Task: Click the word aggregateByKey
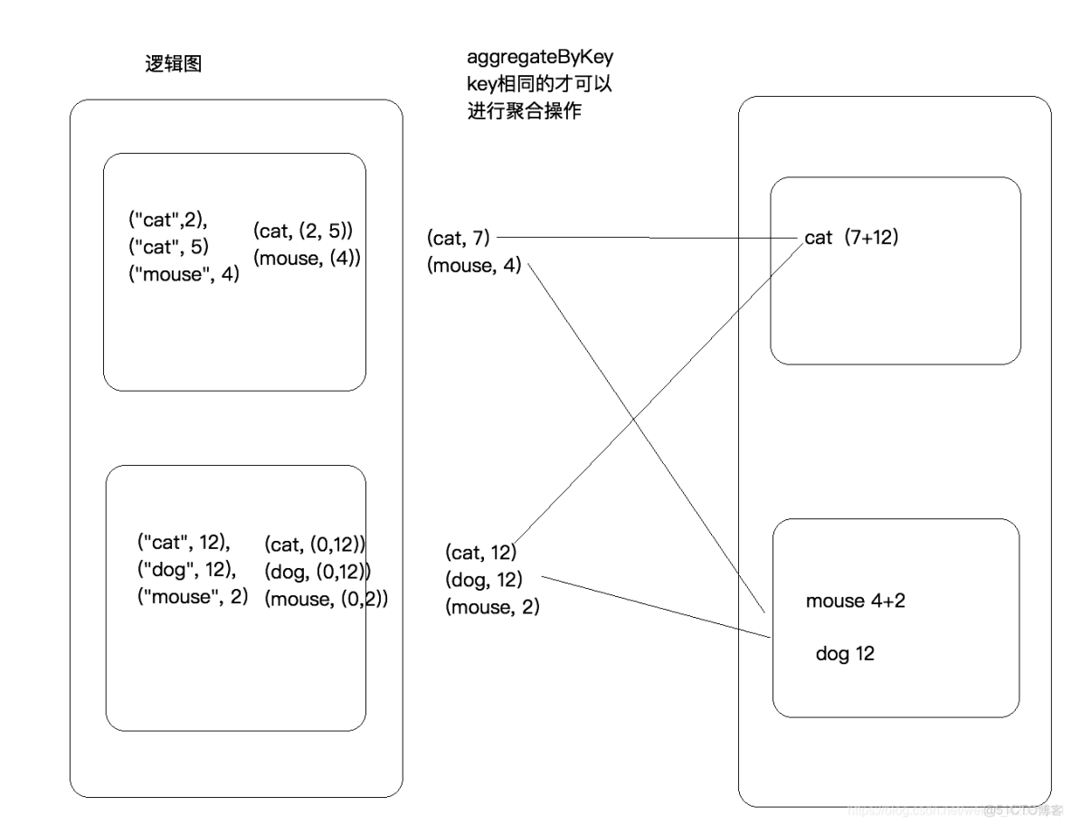[x=540, y=57]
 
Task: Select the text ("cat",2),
[x=167, y=218]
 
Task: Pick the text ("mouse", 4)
[x=184, y=274]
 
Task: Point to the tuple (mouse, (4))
[x=308, y=259]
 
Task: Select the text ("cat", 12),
[x=184, y=543]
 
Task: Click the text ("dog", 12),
[x=186, y=570]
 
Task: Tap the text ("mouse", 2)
[x=193, y=597]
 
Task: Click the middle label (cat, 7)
[x=459, y=238]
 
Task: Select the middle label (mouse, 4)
[x=474, y=266]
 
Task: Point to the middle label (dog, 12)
[x=484, y=580]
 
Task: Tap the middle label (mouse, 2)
[x=492, y=607]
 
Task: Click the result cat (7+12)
[x=851, y=239]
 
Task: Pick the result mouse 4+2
[x=855, y=602]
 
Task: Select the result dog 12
[x=845, y=653]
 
